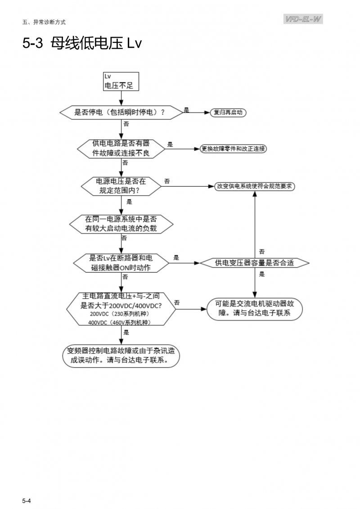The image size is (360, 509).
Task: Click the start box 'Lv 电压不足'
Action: pos(120,81)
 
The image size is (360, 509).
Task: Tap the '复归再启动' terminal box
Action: pos(228,112)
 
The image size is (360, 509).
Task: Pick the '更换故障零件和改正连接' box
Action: pos(234,149)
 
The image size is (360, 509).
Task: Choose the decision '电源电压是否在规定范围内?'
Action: pos(121,185)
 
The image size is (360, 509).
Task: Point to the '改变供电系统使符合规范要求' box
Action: pos(255,185)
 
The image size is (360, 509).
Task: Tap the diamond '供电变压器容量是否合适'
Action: pos(255,262)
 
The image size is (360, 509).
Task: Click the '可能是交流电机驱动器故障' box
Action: pos(255,308)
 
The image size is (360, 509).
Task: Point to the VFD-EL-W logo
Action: pos(304,19)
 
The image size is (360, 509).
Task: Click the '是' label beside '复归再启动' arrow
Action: pos(186,109)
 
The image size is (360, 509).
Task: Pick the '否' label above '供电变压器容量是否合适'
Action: pos(261,251)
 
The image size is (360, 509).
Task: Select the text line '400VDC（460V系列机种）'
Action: pos(119,322)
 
